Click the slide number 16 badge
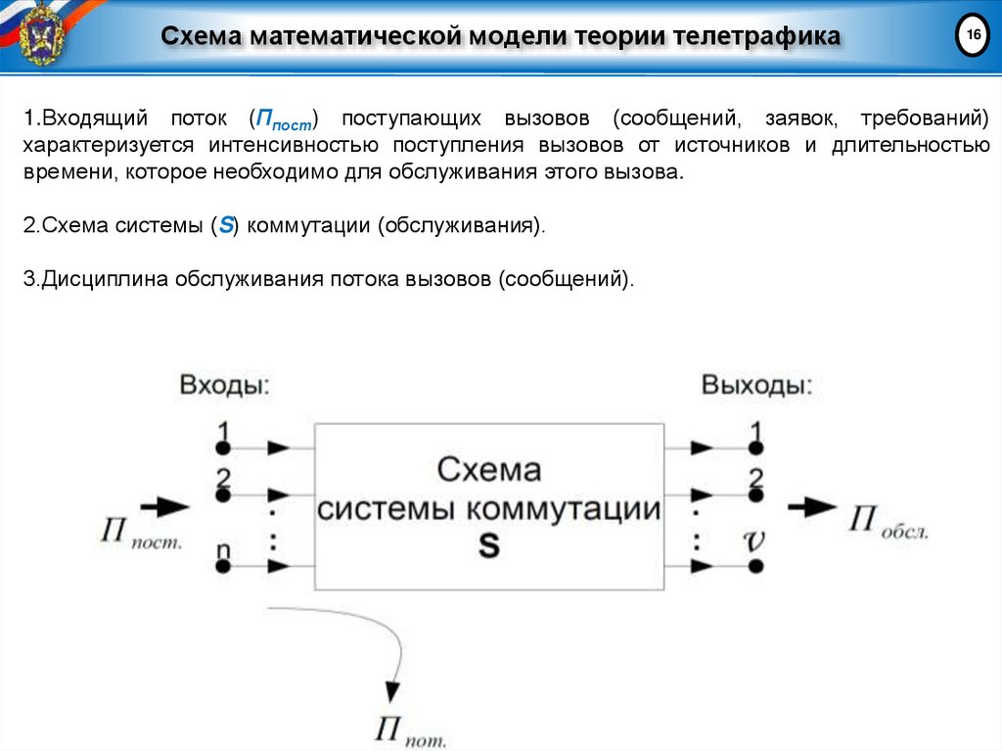[973, 35]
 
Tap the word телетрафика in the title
[754, 37]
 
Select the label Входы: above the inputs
[225, 385]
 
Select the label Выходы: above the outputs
[756, 385]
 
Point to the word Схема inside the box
[488, 470]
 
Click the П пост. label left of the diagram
[140, 535]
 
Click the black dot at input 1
[223, 448]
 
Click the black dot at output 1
[754, 448]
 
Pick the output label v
[754, 540]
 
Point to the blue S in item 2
[226, 225]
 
